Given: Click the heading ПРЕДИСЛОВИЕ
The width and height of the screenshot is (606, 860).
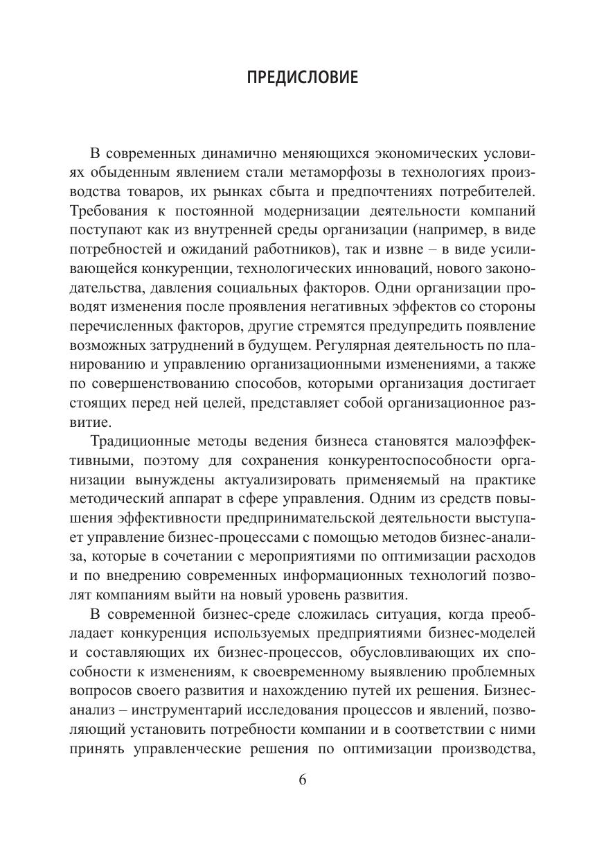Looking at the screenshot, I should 303,78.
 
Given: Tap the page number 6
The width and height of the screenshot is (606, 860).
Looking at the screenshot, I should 303,779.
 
